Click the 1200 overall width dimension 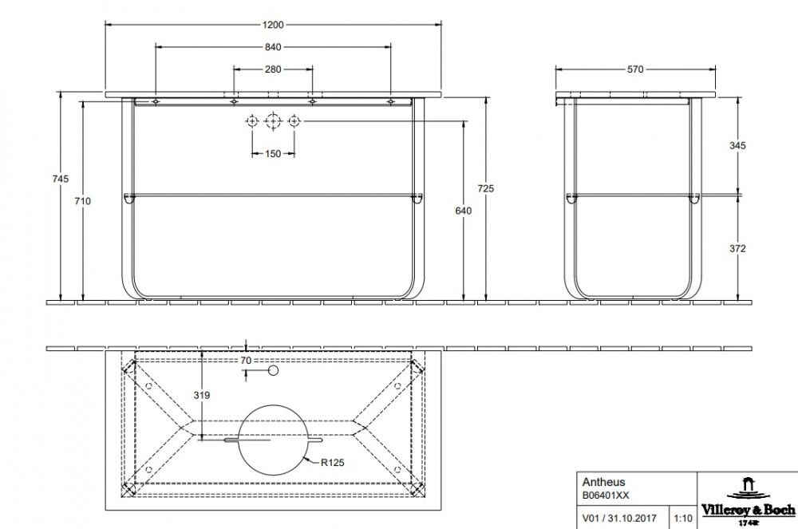[273, 25]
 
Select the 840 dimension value [273, 47]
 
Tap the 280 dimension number [273, 69]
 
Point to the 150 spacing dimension [273, 154]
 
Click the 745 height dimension [61, 179]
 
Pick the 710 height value [82, 201]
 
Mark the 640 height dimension [463, 211]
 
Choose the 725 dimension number [486, 189]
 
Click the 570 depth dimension [635, 69]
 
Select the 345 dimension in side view [737, 146]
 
